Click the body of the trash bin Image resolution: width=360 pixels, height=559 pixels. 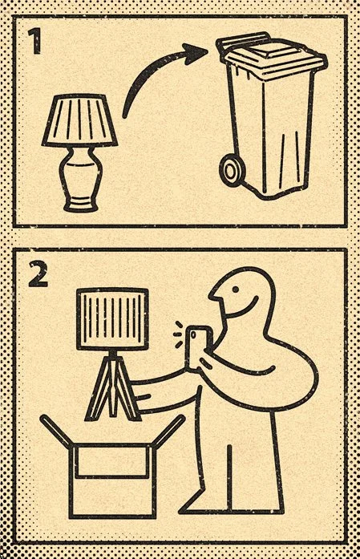(277, 128)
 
